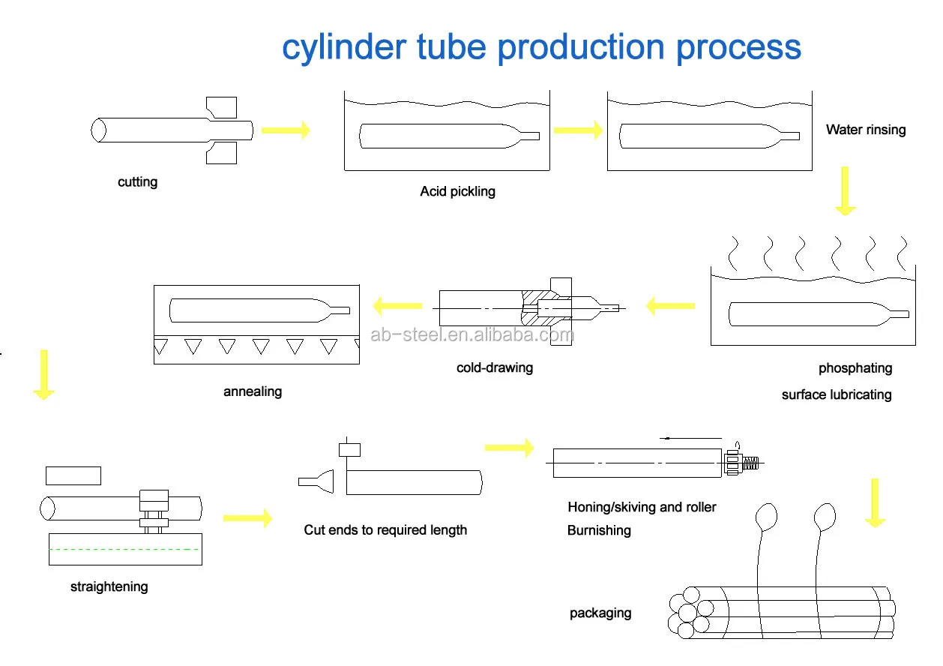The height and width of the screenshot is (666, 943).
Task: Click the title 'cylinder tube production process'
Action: click(541, 47)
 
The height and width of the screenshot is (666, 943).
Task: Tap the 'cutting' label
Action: click(138, 182)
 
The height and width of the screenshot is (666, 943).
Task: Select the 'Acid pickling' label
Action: click(457, 191)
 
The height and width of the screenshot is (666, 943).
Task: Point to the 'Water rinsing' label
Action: click(866, 130)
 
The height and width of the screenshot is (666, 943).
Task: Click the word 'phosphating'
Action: click(855, 368)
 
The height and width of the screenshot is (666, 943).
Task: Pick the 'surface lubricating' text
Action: click(837, 394)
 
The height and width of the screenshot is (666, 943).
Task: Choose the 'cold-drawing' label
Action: click(495, 367)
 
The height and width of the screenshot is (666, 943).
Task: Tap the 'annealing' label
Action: click(253, 391)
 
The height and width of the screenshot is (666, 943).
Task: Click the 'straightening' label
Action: click(109, 586)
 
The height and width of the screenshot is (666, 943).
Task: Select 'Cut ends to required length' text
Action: click(385, 529)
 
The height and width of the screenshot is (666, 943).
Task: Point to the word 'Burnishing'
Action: click(599, 530)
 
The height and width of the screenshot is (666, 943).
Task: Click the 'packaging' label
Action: click(600, 613)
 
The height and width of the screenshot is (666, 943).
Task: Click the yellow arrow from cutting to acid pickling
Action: click(286, 130)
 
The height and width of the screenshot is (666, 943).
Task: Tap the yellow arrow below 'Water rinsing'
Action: click(846, 191)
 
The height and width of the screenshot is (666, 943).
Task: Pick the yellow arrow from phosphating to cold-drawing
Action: click(670, 305)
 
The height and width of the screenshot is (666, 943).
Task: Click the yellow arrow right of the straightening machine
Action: click(247, 517)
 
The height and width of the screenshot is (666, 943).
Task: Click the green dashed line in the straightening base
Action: click(124, 550)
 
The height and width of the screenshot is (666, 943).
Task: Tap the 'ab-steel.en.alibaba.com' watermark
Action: click(472, 335)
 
